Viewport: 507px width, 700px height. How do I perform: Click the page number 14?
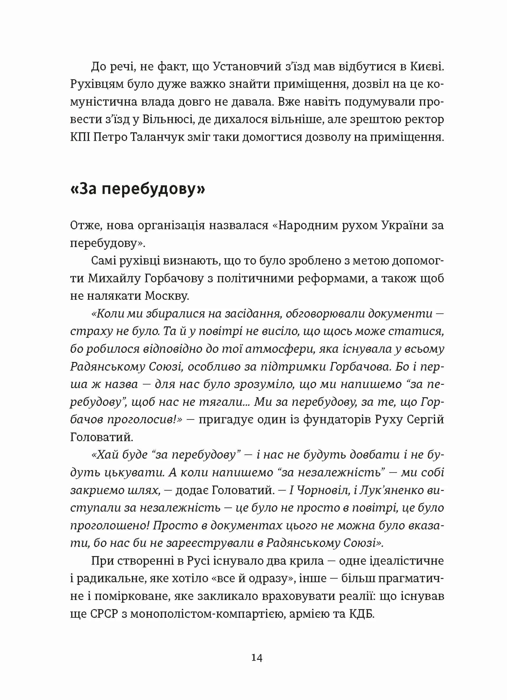(257, 658)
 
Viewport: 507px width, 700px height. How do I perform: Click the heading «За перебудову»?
(138, 189)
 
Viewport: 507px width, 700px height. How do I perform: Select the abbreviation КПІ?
(80, 137)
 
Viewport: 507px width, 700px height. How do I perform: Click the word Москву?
(167, 296)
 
